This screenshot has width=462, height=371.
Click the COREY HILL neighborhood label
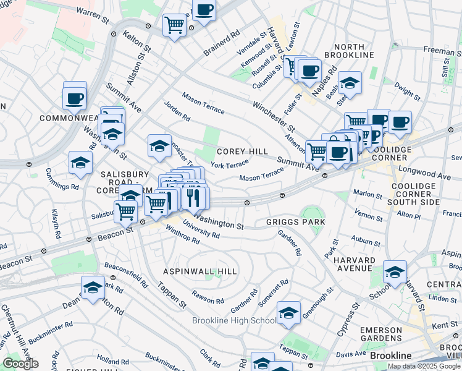point(242,151)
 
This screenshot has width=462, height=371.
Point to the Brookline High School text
point(234,320)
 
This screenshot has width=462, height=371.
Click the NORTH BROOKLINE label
point(353,51)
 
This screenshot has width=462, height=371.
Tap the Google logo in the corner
point(20,364)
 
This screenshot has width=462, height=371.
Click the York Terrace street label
point(229,164)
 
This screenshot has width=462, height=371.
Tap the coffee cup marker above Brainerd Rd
point(204,10)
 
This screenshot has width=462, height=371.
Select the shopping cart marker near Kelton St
point(175,25)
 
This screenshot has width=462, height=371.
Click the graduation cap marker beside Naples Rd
point(350,83)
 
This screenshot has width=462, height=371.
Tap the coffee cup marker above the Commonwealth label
point(75,97)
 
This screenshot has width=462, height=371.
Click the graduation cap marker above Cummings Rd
point(80,162)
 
